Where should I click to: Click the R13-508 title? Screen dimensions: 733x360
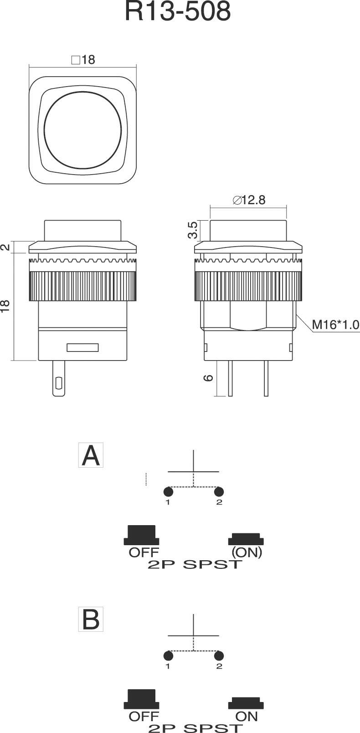coord(178,12)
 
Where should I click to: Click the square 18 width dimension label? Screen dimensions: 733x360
coord(83,60)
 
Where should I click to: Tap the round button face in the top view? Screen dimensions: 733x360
coord(83,129)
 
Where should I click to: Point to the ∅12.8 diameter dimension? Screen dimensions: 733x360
coord(249,200)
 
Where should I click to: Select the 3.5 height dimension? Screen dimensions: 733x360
coord(192,230)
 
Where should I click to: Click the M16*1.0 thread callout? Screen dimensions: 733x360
coord(335,325)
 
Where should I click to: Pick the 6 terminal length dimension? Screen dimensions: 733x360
coord(209,378)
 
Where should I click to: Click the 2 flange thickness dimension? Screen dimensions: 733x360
coord(5,247)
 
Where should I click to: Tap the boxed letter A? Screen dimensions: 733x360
coord(91,455)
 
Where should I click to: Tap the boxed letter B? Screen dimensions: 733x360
coord(91,619)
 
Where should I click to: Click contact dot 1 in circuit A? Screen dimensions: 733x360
coord(168,492)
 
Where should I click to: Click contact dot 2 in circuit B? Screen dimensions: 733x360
coord(219,656)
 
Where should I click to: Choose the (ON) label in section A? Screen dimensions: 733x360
coord(247,552)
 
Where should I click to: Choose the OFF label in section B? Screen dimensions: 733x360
coord(144,716)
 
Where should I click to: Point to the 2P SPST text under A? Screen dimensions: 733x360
coord(194,565)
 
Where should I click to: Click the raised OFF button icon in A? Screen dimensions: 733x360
coord(142,535)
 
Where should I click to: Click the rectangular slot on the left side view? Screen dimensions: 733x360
coord(82,348)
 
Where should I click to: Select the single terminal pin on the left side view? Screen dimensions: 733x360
coord(58,378)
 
